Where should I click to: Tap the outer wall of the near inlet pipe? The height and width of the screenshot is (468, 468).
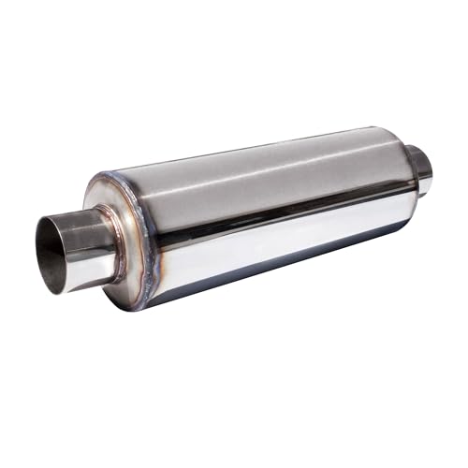tap(94, 234)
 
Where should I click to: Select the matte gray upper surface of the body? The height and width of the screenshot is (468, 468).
tap(262, 168)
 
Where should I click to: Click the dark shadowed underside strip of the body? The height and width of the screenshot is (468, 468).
tap(281, 271)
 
